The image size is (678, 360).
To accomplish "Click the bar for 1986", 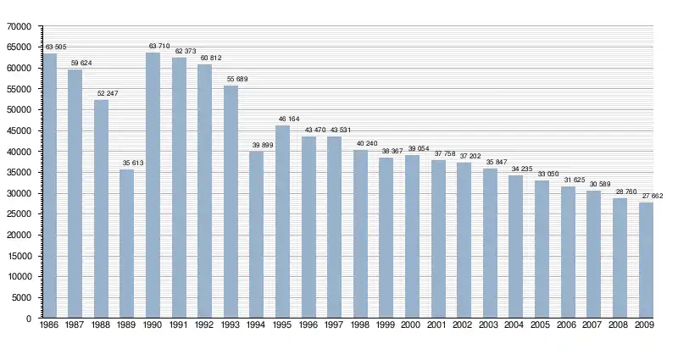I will [x=50, y=186].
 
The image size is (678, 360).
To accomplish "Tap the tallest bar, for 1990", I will [x=153, y=186].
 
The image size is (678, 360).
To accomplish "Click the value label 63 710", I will [x=153, y=46].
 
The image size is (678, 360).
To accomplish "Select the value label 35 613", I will [x=127, y=162].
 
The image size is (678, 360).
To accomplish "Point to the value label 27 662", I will [x=646, y=195].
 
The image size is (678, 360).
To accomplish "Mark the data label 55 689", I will [x=231, y=79].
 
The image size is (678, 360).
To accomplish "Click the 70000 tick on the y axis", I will [x=19, y=26].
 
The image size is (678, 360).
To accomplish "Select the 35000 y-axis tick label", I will [x=19, y=172].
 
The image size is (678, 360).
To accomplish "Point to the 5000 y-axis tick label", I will [x=22, y=297].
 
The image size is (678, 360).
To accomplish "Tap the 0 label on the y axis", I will [x=28, y=318].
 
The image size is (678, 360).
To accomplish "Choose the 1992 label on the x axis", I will [x=205, y=324].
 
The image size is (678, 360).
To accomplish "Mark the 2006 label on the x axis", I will [x=568, y=324].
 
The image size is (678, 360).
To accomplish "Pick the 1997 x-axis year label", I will [x=335, y=324].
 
